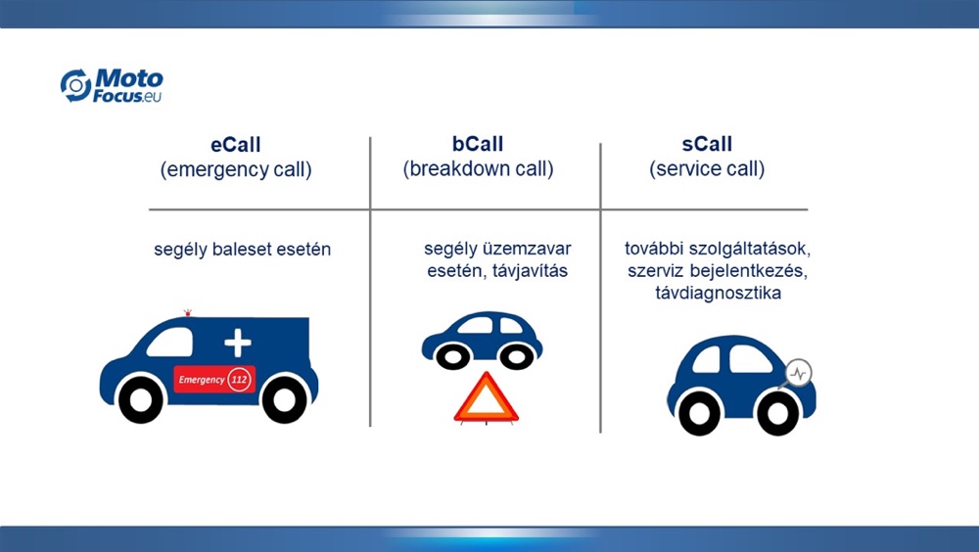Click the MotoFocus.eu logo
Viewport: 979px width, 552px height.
[x=112, y=85]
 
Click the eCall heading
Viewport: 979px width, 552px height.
[x=235, y=145]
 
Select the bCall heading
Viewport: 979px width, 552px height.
[x=478, y=144]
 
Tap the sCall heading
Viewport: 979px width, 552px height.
[x=707, y=144]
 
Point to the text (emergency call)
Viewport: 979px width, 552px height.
[x=236, y=170]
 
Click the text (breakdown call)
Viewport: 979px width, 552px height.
[x=479, y=169]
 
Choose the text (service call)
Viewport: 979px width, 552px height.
[x=707, y=169]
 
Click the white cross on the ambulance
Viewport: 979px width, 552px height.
[x=237, y=343]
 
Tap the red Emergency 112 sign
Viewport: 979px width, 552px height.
[x=214, y=379]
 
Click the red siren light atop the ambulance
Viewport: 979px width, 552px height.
[x=187, y=312]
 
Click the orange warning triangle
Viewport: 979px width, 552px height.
[x=486, y=398]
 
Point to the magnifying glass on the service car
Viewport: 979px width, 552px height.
[x=797, y=374]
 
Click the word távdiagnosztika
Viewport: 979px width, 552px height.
[x=718, y=293]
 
